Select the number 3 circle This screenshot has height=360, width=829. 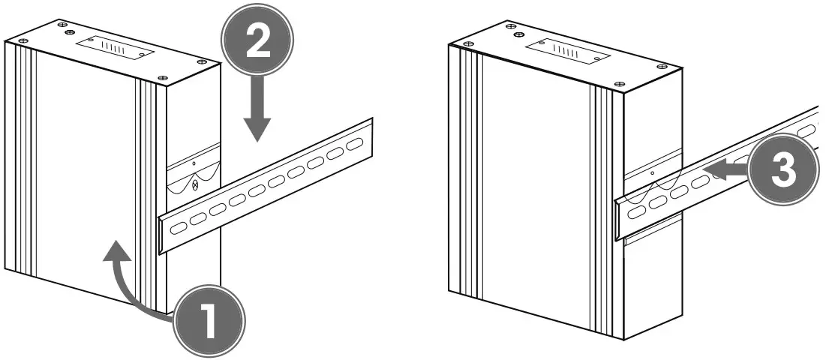pos(780,171)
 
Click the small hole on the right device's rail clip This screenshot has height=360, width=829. pos(652,174)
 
